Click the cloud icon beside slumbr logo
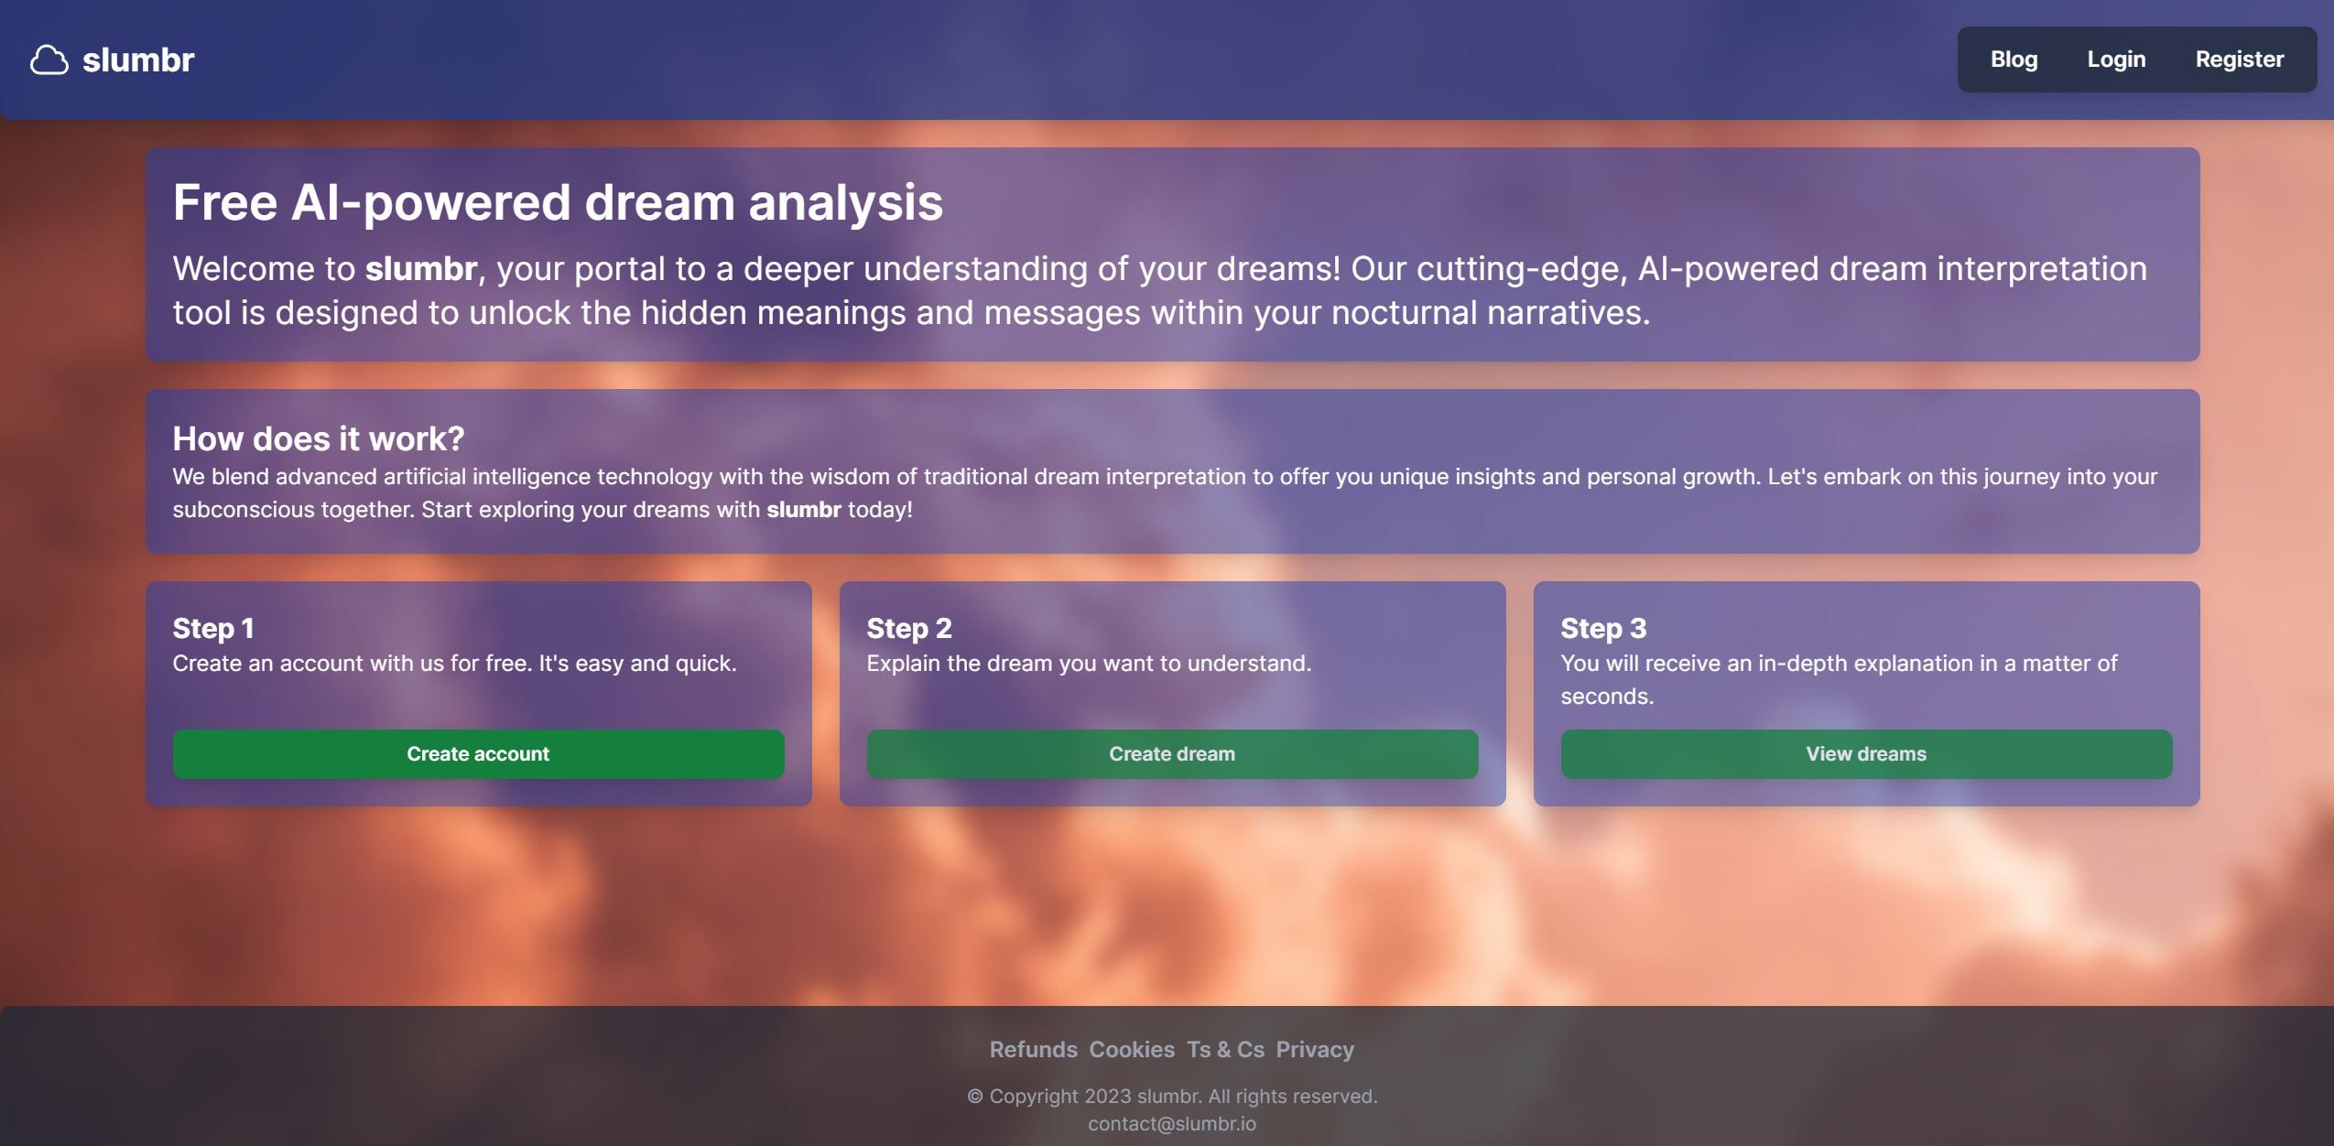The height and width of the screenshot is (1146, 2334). click(49, 60)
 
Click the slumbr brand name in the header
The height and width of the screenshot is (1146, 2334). click(138, 60)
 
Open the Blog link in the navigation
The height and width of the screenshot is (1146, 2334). click(2014, 59)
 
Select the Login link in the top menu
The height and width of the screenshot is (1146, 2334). click(2116, 59)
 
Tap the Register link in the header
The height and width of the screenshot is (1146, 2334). click(2239, 59)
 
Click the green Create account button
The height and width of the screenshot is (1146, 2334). click(478, 754)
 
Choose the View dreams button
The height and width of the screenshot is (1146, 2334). click(1865, 754)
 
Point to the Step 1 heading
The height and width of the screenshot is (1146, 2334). click(213, 628)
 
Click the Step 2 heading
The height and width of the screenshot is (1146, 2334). click(908, 628)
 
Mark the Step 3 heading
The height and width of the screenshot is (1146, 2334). click(1602, 628)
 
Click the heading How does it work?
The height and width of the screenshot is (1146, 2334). click(319, 438)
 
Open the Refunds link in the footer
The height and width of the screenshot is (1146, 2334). click(1033, 1050)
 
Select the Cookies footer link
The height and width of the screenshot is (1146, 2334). click(1131, 1050)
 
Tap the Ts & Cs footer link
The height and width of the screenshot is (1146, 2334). click(1225, 1050)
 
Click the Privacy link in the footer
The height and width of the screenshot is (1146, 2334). click(1314, 1050)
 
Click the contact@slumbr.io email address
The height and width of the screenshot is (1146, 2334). click(1171, 1123)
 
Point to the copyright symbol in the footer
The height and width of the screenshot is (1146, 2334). click(974, 1097)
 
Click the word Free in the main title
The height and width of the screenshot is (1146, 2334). click(224, 202)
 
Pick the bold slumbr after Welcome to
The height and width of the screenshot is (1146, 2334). click(420, 269)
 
